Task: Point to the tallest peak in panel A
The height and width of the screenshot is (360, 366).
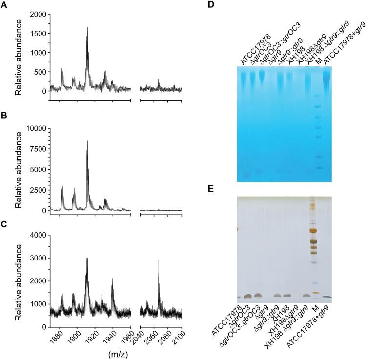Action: click(x=87, y=28)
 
